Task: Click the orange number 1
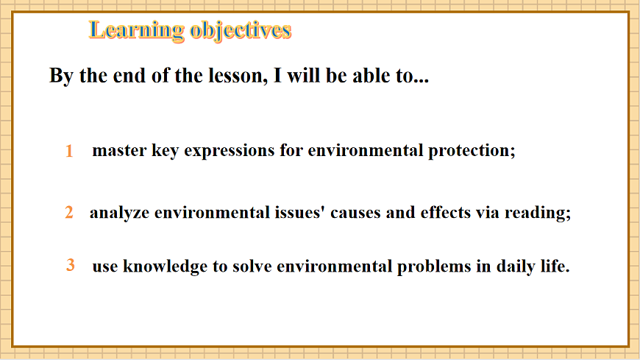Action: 69,152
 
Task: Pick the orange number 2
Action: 69,213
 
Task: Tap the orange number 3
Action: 71,265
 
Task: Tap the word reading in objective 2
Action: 539,213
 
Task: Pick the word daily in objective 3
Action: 513,267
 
